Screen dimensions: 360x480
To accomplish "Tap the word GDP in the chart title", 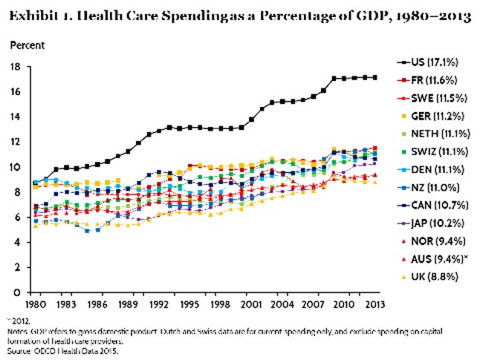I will pyautogui.click(x=353, y=16).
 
